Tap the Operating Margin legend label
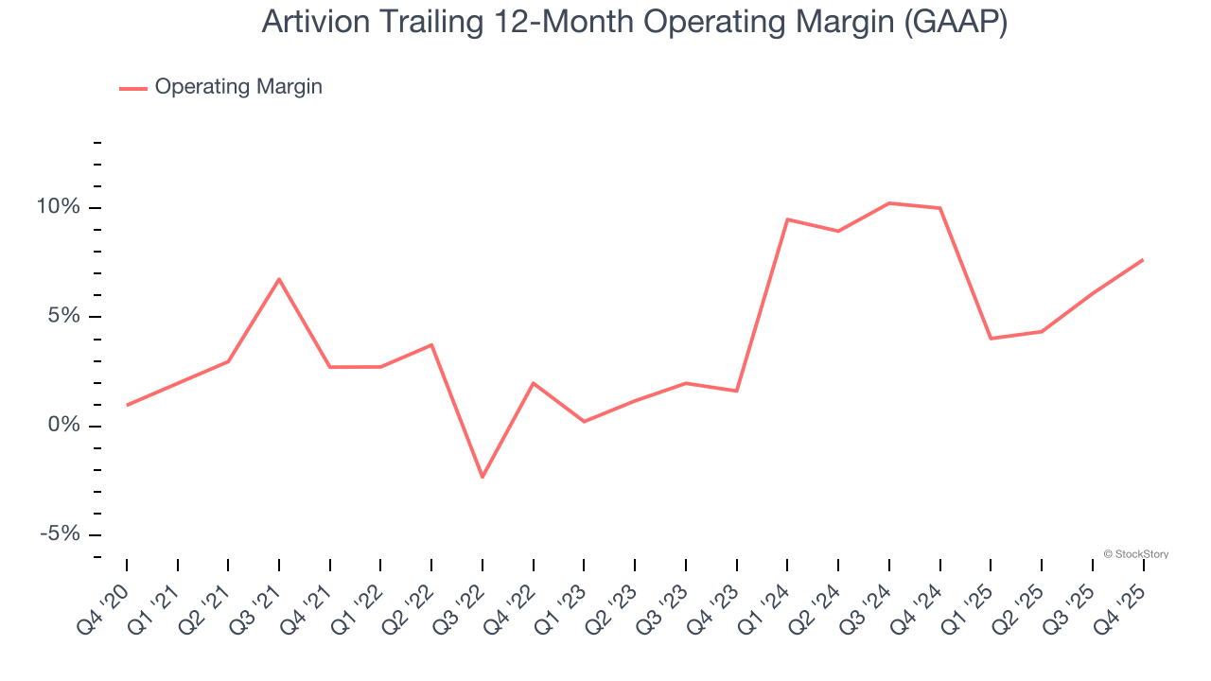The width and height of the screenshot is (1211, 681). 238,87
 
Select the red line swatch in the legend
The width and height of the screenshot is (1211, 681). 133,88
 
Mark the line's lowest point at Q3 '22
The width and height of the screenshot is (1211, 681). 483,477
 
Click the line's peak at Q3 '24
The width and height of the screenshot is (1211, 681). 889,203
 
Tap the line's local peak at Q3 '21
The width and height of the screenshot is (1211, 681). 279,279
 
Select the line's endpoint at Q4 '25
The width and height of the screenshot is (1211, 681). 1143,259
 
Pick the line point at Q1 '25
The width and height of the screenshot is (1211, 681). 991,339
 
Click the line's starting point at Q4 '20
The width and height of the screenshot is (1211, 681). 127,405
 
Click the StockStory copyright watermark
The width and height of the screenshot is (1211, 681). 1136,554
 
